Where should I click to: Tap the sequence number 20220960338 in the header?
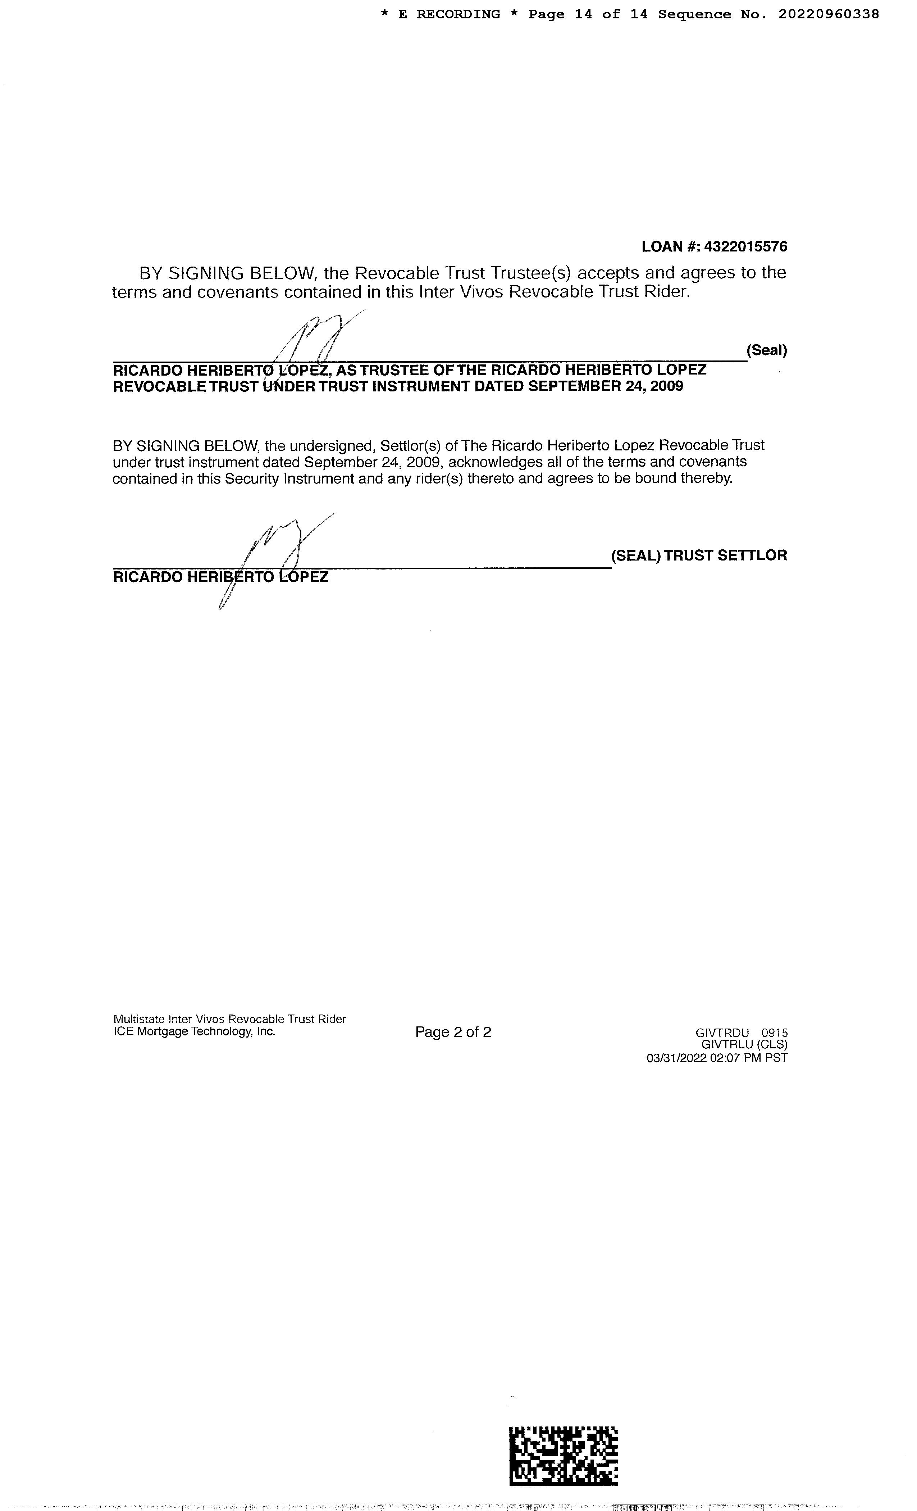829,14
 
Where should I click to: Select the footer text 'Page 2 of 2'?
453,1032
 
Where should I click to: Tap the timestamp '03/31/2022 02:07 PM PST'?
717,1058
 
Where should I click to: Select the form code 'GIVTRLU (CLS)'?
744,1044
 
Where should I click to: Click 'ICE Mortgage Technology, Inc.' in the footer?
194,1031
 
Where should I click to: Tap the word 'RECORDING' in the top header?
458,14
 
